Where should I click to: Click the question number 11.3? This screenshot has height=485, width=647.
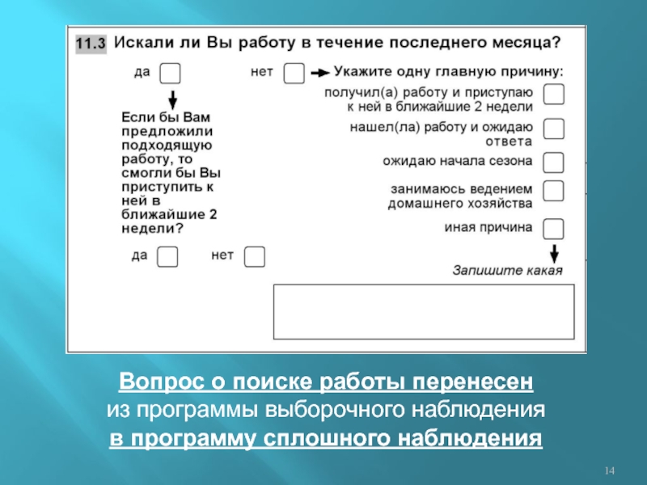coord(91,44)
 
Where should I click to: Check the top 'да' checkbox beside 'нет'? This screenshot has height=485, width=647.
coord(170,74)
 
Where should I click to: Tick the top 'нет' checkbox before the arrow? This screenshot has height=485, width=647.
coord(294,74)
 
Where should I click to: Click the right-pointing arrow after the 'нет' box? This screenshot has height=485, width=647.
coord(319,73)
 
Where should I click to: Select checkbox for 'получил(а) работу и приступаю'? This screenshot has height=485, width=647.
coord(554,95)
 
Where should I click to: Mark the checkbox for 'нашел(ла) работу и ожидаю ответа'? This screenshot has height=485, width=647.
coord(554,129)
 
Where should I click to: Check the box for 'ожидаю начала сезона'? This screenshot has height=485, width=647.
coord(554,162)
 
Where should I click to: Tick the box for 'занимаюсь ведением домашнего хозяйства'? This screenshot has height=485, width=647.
coord(554,192)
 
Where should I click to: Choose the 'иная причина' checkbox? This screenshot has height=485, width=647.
coord(554,229)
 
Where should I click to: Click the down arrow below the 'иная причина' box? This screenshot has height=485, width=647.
coord(554,252)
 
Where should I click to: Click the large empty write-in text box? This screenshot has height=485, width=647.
coord(425,315)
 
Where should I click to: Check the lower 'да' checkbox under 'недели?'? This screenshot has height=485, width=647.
coord(167,257)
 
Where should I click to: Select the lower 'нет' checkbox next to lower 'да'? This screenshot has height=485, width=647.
coord(255,257)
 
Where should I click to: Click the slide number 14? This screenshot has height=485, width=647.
coord(611,470)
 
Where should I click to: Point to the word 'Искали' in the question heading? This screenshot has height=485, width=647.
coord(142,42)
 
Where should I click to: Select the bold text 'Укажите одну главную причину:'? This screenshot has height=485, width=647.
coord(449,71)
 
